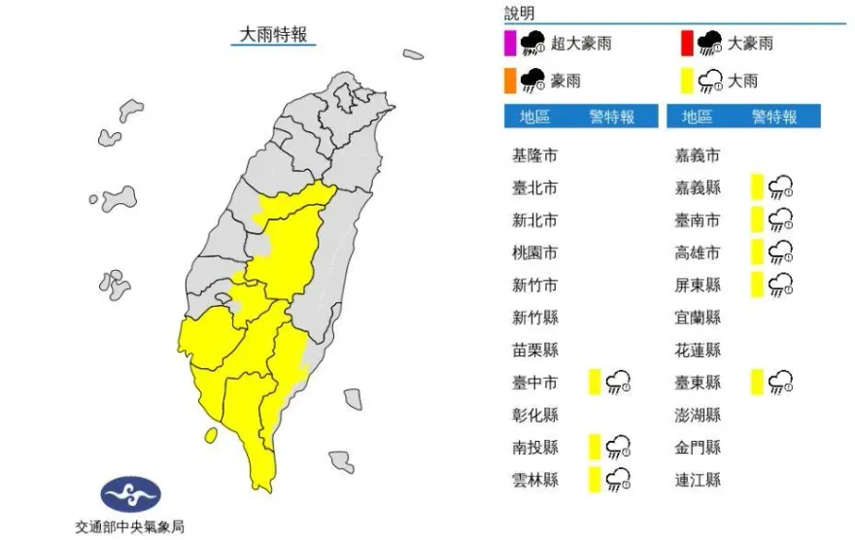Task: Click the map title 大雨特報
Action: pyautogui.click(x=275, y=35)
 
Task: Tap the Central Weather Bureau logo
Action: pyautogui.click(x=129, y=496)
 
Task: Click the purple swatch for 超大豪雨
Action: pyautogui.click(x=509, y=43)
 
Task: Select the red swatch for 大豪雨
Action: pyautogui.click(x=686, y=43)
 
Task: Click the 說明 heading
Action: pyautogui.click(x=520, y=13)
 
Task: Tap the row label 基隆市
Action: pyautogui.click(x=534, y=155)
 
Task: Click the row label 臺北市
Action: pyautogui.click(x=534, y=187)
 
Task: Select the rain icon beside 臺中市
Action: pyautogui.click(x=618, y=382)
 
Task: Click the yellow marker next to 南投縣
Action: pyautogui.click(x=593, y=447)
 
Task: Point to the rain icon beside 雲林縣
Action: pyautogui.click(x=618, y=479)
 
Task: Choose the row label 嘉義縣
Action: pyautogui.click(x=698, y=187)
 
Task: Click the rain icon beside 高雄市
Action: pyautogui.click(x=780, y=253)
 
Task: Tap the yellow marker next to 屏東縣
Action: pyautogui.click(x=756, y=285)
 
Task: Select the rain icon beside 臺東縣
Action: pyautogui.click(x=780, y=382)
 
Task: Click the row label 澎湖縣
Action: pyautogui.click(x=698, y=415)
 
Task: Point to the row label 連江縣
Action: pyautogui.click(x=698, y=479)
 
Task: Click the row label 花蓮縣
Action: pyautogui.click(x=698, y=350)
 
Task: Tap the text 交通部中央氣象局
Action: pyautogui.click(x=129, y=527)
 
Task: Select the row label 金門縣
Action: pyautogui.click(x=698, y=447)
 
